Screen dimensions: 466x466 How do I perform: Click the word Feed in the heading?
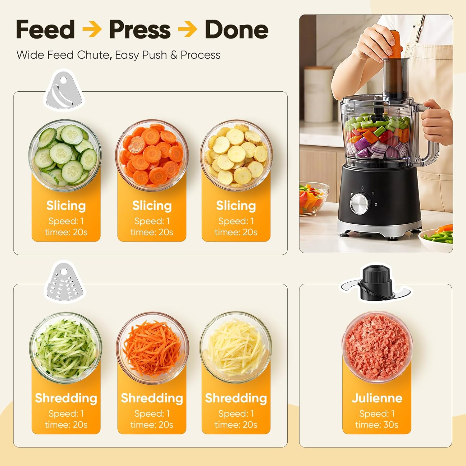click(45, 29)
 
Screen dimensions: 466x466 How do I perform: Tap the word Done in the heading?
click(236, 29)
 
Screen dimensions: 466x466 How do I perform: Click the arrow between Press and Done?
click(188, 30)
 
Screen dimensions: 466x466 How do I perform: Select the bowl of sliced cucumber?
click(65, 155)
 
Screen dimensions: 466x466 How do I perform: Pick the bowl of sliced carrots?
click(152, 155)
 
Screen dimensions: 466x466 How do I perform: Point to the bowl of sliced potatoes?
click(236, 155)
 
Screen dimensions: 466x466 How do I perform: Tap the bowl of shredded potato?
click(236, 347)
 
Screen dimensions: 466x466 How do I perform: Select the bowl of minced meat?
click(377, 347)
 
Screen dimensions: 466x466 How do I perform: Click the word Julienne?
click(377, 398)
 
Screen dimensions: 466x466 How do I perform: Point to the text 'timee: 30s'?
click(377, 425)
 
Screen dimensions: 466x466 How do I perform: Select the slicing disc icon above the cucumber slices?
click(64, 90)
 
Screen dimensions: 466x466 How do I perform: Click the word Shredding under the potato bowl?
click(236, 398)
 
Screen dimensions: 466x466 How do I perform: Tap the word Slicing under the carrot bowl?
click(152, 206)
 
